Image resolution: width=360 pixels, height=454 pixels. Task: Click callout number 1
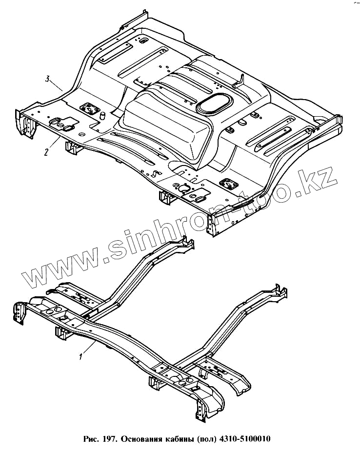pos(80,356)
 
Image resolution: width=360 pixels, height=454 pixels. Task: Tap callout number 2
pos(46,152)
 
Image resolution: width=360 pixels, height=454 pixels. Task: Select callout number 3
pos(47,79)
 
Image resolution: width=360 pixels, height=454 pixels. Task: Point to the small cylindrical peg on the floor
pos(103,115)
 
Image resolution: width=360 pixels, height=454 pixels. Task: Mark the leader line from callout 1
pos(89,348)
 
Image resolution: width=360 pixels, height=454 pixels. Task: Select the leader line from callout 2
pos(53,144)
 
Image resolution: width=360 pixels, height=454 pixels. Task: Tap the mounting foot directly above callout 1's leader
pos(60,333)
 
